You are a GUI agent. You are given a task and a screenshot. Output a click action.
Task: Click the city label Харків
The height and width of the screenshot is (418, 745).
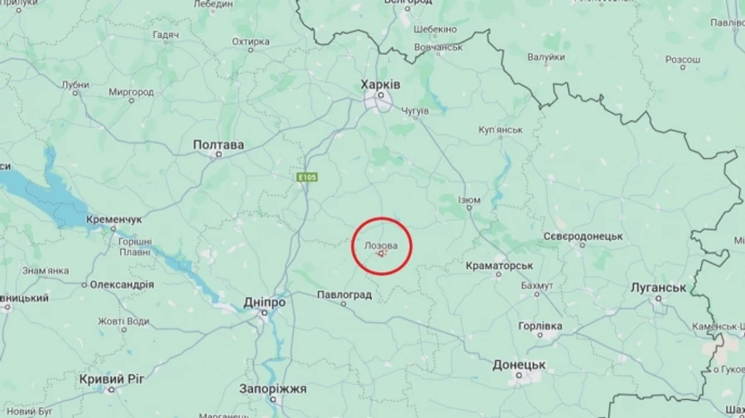coord(381,84)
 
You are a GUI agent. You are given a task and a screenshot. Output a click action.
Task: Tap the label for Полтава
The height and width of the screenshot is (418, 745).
coord(219,145)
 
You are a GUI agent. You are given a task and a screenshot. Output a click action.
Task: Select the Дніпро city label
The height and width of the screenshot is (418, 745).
coord(265,303)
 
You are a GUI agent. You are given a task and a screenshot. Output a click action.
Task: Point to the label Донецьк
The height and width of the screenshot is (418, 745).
coord(519,364)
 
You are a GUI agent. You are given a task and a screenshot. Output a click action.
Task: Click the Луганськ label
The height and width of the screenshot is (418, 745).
coord(658,287)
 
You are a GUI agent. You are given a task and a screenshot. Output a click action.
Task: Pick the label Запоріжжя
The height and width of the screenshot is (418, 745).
coord(273,388)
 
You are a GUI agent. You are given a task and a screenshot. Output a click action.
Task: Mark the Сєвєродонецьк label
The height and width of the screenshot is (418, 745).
coord(583,236)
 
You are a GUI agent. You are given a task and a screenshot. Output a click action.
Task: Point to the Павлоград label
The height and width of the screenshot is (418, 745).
coord(344,295)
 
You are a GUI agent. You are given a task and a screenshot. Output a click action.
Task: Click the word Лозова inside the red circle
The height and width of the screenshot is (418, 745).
coord(381,246)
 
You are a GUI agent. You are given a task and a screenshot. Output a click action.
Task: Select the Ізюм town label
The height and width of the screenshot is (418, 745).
coord(469,200)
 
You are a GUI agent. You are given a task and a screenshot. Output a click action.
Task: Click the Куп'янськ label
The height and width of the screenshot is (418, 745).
coord(500,130)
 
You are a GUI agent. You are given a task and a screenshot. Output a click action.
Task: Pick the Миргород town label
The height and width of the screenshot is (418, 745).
coord(131,92)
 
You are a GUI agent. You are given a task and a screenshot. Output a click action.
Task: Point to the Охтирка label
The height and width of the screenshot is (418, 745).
coord(251,41)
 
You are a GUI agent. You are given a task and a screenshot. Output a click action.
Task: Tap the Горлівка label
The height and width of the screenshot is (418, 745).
coord(541,326)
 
